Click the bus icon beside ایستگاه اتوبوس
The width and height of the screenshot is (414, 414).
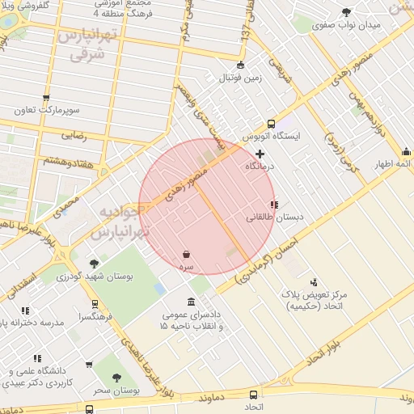point(270,124)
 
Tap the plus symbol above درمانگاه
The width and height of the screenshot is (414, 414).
point(260,153)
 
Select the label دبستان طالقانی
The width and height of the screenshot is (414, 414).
point(267,218)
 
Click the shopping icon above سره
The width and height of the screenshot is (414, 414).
point(187,254)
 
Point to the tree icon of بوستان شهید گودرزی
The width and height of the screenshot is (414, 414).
point(95,263)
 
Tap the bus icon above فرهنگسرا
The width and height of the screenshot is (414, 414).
point(95,305)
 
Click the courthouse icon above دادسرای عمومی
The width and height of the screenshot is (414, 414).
point(191,302)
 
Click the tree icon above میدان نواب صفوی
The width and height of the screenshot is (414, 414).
point(347,11)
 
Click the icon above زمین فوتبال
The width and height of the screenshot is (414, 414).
point(239,65)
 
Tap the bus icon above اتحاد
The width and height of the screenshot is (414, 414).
point(254,395)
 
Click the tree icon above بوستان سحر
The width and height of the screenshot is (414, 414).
point(116,378)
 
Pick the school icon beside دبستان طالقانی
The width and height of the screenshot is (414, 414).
point(274,205)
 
